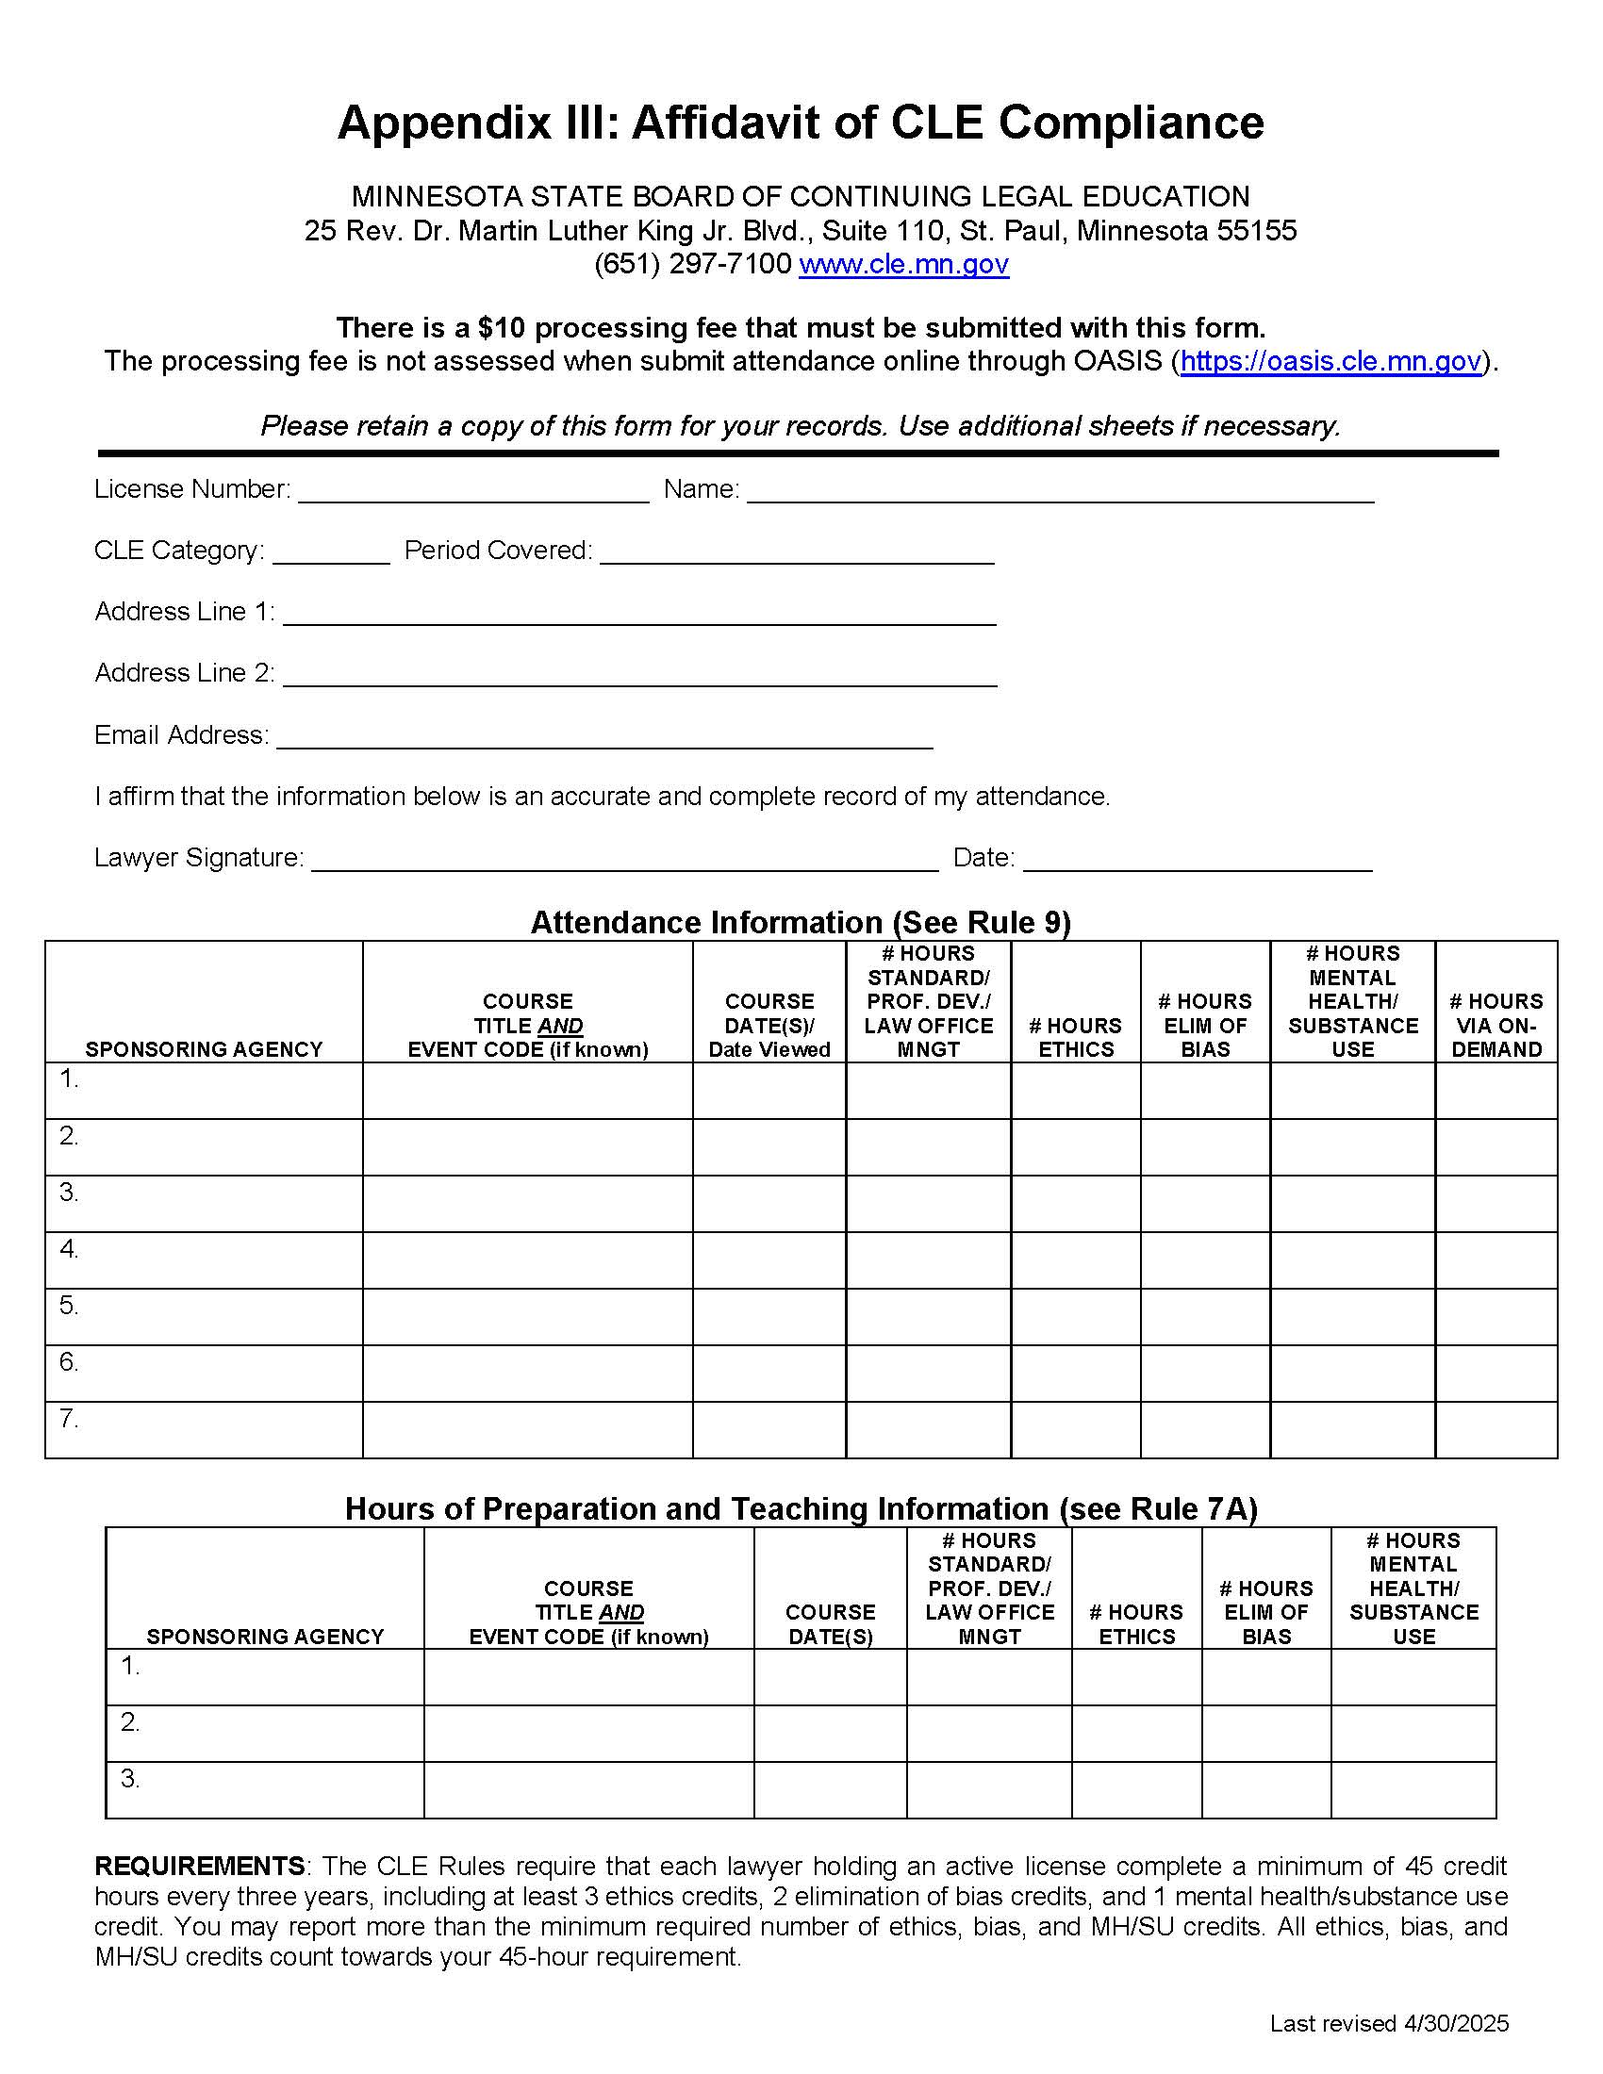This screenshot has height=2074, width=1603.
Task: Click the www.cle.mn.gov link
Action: click(x=903, y=264)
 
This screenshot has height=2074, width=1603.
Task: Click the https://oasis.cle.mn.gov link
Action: click(x=1330, y=361)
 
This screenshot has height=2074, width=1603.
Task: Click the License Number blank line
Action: click(x=473, y=491)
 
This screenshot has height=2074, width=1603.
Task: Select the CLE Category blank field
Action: click(x=330, y=552)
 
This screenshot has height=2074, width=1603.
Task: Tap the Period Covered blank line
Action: click(x=797, y=552)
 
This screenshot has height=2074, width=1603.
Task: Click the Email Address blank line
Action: click(x=604, y=737)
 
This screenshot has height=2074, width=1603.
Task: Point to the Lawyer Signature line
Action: click(x=625, y=860)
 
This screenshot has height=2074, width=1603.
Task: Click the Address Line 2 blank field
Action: click(x=639, y=675)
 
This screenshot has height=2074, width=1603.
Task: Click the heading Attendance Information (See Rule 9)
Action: click(x=801, y=922)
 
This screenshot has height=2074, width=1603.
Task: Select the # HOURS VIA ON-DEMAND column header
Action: click(x=1496, y=1025)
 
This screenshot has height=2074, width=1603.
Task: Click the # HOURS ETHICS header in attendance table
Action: click(x=1075, y=1037)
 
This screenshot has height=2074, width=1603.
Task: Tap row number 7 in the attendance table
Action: click(x=70, y=1419)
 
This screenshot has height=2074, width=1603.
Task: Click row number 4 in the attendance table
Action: click(x=70, y=1249)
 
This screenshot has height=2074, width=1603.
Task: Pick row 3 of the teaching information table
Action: click(x=130, y=1779)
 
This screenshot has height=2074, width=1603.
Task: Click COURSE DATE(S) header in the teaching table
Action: click(x=830, y=1624)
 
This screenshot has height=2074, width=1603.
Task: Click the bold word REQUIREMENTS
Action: click(x=199, y=1866)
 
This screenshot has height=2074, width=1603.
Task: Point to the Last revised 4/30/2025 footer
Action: click(x=1388, y=2024)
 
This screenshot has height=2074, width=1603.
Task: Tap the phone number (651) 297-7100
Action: click(x=692, y=264)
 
